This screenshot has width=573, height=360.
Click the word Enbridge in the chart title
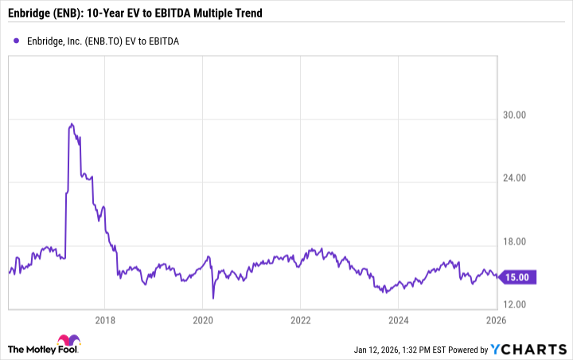[33, 14]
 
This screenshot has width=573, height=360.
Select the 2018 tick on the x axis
[105, 320]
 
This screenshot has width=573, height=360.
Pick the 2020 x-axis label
[203, 320]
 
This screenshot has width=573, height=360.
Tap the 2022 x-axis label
[300, 320]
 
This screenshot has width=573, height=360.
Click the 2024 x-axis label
[398, 320]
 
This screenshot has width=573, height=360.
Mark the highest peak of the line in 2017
[72, 124]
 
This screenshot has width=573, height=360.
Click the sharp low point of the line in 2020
[213, 298]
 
